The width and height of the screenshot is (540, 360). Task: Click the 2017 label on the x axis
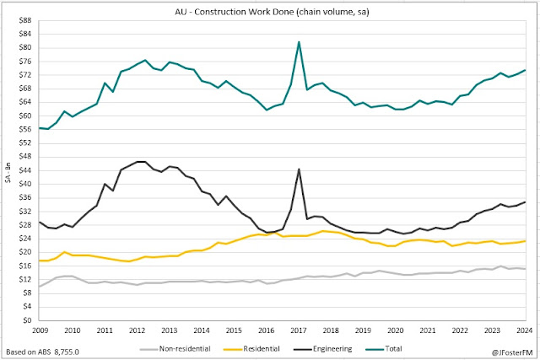pos(299,330)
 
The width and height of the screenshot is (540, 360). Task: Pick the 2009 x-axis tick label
pos(40,330)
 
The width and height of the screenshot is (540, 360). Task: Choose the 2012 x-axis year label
pos(137,330)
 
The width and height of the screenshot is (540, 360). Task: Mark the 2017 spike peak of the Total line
pos(299,42)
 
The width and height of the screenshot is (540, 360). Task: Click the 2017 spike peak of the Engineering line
pos(299,169)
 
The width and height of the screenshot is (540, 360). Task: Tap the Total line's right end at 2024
pos(525,70)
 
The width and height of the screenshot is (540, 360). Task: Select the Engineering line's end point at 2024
pos(525,201)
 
